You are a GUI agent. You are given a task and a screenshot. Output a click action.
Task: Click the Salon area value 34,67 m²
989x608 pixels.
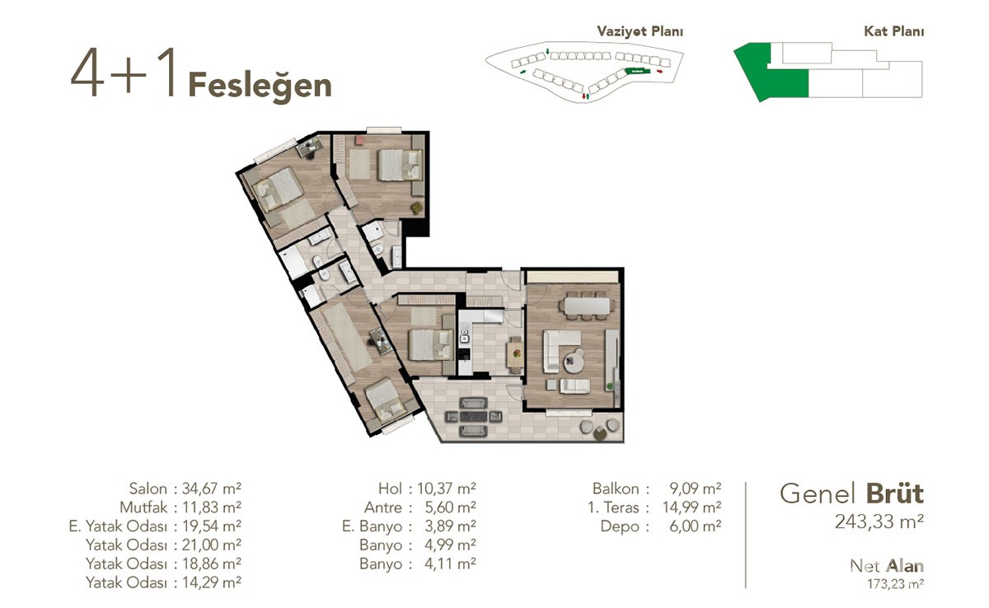212,489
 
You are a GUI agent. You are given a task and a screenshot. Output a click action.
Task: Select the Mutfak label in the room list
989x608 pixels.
143,507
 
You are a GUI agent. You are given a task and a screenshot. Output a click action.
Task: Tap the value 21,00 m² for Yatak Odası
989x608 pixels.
212,545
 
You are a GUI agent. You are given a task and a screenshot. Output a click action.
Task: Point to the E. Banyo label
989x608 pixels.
372,526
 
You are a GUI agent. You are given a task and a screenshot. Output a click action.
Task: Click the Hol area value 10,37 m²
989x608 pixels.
447,489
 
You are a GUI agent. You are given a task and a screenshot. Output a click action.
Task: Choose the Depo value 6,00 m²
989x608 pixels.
696,526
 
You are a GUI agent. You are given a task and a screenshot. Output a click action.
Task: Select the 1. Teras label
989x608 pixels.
613,507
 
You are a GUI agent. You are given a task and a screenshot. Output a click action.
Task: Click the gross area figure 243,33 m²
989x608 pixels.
879,522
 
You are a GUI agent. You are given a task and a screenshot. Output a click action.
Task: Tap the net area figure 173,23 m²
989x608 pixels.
895,584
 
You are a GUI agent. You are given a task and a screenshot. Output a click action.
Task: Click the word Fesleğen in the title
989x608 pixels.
260,86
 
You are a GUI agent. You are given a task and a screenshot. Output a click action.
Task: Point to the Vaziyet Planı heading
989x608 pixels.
640,31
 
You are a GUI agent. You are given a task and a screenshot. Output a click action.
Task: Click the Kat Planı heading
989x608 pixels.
893,31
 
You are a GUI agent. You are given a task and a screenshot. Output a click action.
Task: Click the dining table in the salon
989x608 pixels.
587,306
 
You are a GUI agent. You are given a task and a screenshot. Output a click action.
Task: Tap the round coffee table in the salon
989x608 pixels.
574,362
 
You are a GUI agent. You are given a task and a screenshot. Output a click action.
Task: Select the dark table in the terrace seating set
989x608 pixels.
473,417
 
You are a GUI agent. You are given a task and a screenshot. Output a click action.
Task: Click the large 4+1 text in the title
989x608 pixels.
123,72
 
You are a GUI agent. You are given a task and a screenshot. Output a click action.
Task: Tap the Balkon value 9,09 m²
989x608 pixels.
696,489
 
